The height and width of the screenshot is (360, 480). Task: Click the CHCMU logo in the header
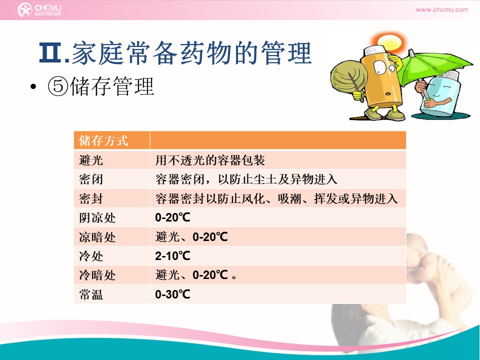pos(39,10)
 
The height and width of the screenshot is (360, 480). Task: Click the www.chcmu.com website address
pos(441,9)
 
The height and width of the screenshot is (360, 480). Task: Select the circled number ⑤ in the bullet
pos(57,86)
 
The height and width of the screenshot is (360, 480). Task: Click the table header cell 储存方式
pos(103,140)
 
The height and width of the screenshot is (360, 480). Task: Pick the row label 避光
pos(91,160)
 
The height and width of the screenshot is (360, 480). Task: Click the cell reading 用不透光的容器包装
pos(210,160)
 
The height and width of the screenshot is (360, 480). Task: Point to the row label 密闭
pos(91,179)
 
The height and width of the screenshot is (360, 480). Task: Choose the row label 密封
pos(91,198)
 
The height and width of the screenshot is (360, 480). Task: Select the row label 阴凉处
pos(97,217)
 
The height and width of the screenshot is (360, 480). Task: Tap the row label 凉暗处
pos(97,237)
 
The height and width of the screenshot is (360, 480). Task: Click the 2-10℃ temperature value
pos(172,256)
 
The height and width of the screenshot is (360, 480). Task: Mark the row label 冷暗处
pos(97,275)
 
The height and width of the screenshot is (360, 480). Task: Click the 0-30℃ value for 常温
pos(172,294)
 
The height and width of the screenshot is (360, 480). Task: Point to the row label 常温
pos(91,294)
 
